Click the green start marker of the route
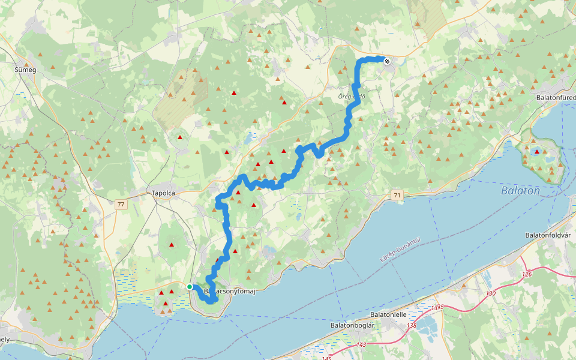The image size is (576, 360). click(x=190, y=287)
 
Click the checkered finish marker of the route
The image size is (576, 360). click(x=387, y=61)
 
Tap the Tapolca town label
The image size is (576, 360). click(x=163, y=193)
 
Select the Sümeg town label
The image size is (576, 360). click(x=25, y=70)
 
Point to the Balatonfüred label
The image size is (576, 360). click(x=556, y=97)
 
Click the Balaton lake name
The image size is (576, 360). click(x=520, y=191)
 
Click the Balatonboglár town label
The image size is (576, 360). click(x=352, y=325)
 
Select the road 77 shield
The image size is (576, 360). click(x=122, y=205)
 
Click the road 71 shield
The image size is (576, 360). click(x=397, y=196)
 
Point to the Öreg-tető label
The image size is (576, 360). click(x=352, y=96)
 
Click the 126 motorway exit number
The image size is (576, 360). click(x=527, y=275)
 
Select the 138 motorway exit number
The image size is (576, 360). click(x=411, y=326)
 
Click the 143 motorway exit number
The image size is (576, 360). click(x=361, y=344)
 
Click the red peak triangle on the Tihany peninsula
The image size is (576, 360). click(x=536, y=152)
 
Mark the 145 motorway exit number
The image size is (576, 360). click(x=326, y=358)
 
